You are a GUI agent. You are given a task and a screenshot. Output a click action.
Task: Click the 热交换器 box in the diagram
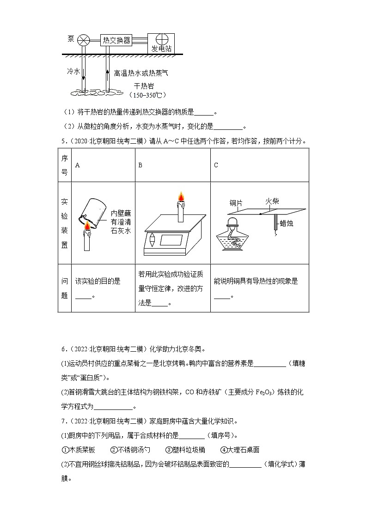click(116, 40)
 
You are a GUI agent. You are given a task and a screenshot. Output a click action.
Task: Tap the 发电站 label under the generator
click(161, 48)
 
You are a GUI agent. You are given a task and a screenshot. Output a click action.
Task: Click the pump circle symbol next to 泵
click(84, 40)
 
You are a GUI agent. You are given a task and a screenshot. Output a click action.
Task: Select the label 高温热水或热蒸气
click(141, 73)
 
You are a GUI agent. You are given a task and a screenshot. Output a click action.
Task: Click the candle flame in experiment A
click(87, 225)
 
